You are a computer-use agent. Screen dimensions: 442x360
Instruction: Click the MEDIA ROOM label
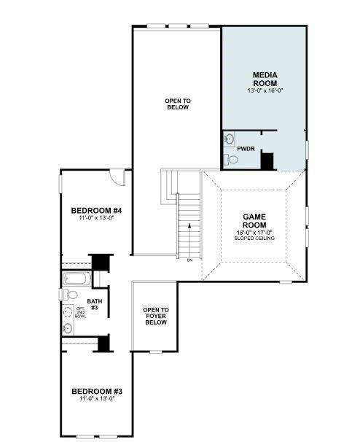point(264,80)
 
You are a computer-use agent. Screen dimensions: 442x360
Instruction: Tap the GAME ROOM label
point(254,221)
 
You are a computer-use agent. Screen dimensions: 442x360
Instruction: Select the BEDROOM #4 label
point(96,211)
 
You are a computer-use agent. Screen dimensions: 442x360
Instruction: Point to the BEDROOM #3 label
point(96,390)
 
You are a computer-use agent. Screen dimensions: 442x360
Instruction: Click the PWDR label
point(246,148)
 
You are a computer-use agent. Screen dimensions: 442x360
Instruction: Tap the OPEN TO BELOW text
point(177,104)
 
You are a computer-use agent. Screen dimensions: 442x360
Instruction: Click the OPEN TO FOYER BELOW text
point(155,316)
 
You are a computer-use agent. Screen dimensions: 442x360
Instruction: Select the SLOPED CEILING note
point(254,239)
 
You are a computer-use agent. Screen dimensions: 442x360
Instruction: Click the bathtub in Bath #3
point(75,279)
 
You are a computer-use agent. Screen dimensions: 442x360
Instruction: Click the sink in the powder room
point(229,139)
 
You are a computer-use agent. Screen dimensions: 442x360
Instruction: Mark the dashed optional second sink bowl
point(68,312)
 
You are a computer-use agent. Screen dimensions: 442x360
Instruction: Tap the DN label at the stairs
point(189,260)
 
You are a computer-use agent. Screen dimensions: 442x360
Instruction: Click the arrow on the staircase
point(189,228)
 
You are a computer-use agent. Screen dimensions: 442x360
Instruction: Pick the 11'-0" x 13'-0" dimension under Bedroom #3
point(96,399)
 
